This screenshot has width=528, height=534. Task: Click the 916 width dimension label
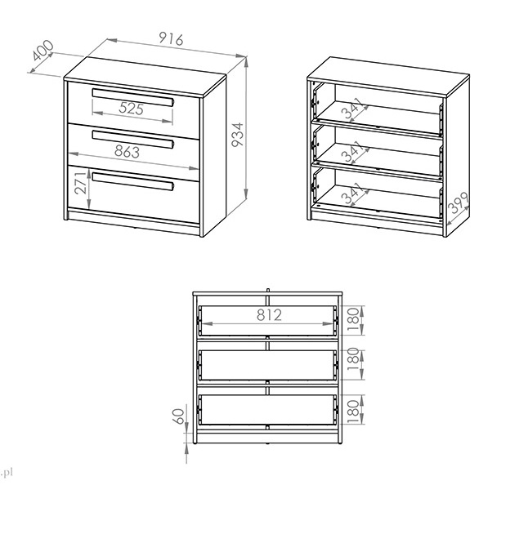(171, 39)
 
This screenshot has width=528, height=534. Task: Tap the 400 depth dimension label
(43, 51)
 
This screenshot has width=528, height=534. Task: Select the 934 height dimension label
(238, 135)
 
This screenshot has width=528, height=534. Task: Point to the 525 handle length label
(132, 109)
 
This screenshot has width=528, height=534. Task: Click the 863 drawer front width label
(128, 152)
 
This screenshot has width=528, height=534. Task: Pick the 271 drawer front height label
(81, 183)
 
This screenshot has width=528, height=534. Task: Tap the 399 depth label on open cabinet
(459, 203)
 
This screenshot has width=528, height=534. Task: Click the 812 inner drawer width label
(269, 315)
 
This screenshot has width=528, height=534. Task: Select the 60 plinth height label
(179, 416)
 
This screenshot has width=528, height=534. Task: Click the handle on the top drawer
(133, 97)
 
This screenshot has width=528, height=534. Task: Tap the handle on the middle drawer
(133, 140)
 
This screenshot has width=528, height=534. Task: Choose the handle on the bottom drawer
(133, 181)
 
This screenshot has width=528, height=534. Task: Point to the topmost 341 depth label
(352, 108)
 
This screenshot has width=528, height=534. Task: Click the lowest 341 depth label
(352, 193)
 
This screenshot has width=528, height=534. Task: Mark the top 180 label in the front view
(353, 320)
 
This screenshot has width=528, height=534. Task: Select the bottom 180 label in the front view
(353, 412)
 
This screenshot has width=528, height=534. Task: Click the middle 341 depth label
(352, 151)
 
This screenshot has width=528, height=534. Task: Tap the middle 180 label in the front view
(353, 359)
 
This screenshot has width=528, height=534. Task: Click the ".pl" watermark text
(7, 473)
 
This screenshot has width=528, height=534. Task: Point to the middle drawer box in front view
(267, 365)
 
